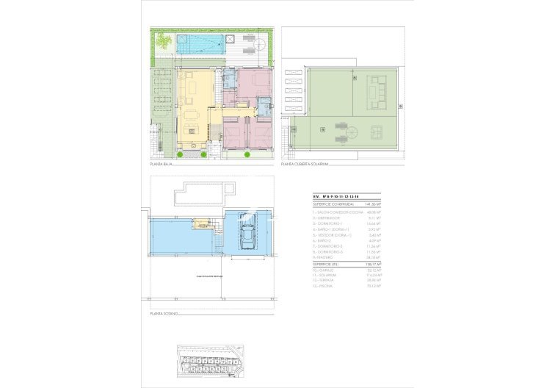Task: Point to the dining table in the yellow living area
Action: [x=194, y=115]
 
